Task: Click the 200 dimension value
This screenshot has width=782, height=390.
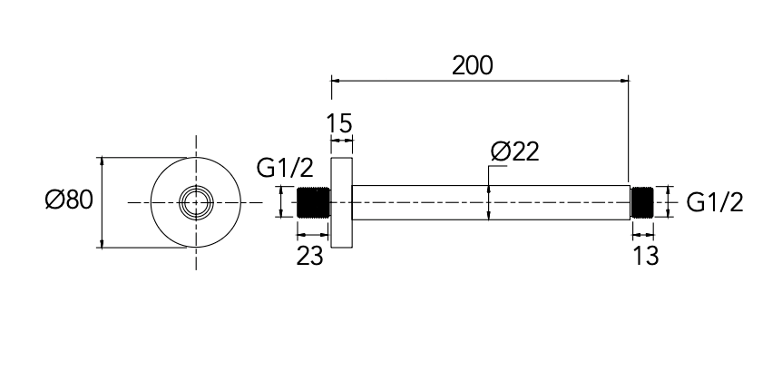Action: click(473, 65)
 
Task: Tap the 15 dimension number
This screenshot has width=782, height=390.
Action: click(339, 123)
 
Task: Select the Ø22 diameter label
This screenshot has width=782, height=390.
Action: click(514, 151)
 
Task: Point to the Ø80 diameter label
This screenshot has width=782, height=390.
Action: click(69, 200)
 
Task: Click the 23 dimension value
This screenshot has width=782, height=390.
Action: click(309, 256)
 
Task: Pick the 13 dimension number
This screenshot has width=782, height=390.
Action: click(645, 256)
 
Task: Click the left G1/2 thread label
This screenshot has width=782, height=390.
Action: click(285, 168)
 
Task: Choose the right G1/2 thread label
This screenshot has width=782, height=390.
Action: click(715, 202)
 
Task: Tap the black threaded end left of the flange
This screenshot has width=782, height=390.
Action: click(314, 202)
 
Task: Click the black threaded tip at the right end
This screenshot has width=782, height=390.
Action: click(642, 202)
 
